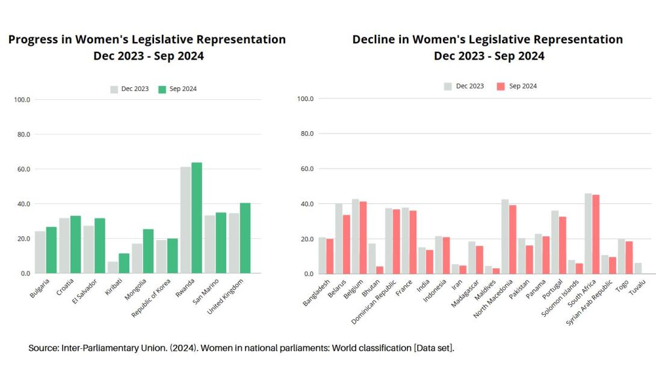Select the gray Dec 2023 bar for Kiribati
point(113,268)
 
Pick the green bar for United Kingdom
point(245,238)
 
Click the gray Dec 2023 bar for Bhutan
point(372,259)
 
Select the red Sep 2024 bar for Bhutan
point(380,270)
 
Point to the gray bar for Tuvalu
point(638,268)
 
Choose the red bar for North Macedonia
point(512,239)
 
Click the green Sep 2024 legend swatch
point(162,89)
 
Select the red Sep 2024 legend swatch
point(501,86)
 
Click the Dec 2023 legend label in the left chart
point(135,89)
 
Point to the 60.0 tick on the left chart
point(23,169)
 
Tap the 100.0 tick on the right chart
point(306,99)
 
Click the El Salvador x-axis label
point(85,292)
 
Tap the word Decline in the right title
point(374,40)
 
